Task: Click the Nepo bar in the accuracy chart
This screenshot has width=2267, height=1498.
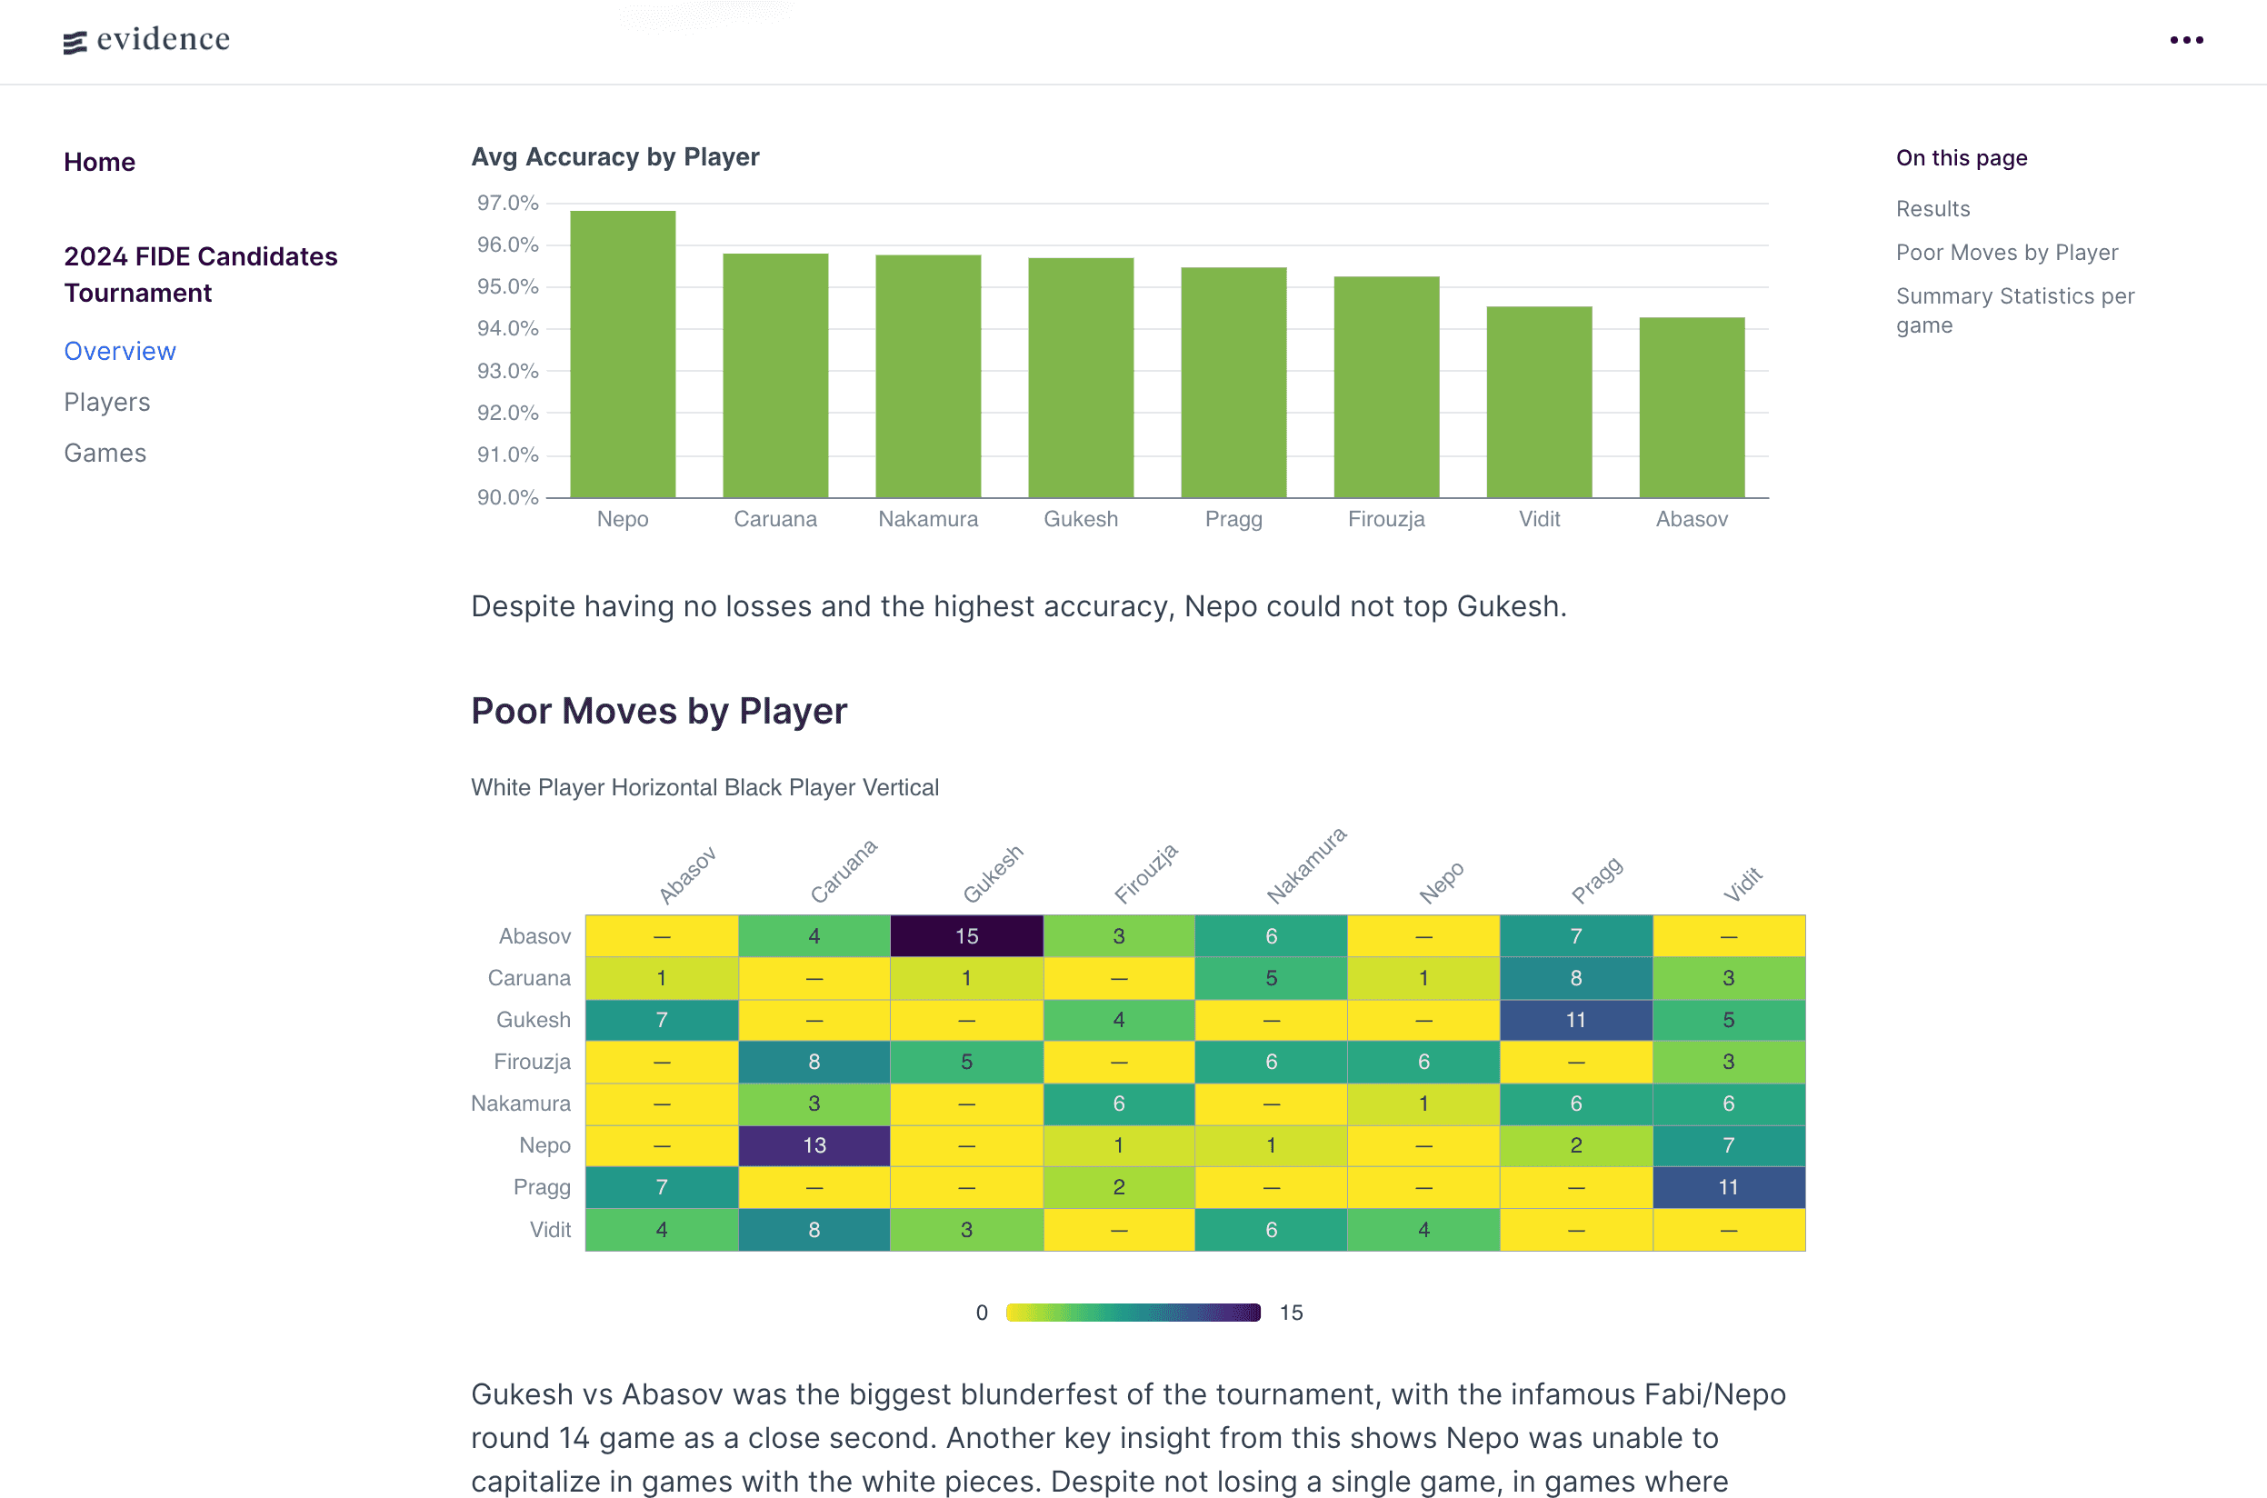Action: tap(622, 354)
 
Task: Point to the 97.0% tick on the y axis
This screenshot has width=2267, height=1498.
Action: tap(507, 203)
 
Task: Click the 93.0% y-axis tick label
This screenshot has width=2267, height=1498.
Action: tap(507, 371)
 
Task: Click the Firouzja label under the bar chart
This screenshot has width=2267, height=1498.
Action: tap(1385, 519)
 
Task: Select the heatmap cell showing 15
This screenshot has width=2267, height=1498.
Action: tap(966, 936)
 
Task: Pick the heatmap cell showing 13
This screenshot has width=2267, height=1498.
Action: tap(814, 1144)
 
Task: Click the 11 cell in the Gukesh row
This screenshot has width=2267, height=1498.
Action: tap(1575, 1019)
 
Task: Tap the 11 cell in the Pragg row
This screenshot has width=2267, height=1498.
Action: tap(1727, 1186)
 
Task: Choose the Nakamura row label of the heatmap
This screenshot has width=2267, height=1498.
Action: tap(521, 1104)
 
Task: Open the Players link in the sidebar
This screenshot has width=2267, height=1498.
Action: tap(107, 402)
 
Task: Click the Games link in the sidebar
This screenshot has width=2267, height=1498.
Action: tap(105, 453)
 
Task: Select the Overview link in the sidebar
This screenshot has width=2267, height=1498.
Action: tap(120, 352)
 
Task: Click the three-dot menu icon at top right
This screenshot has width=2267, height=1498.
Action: tap(2186, 40)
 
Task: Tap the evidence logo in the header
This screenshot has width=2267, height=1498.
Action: tap(147, 39)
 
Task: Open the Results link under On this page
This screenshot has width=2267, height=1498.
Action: tap(1932, 208)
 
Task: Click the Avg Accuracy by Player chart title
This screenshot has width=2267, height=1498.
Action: tap(615, 156)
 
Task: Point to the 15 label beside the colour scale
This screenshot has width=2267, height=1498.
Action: tap(1291, 1313)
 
